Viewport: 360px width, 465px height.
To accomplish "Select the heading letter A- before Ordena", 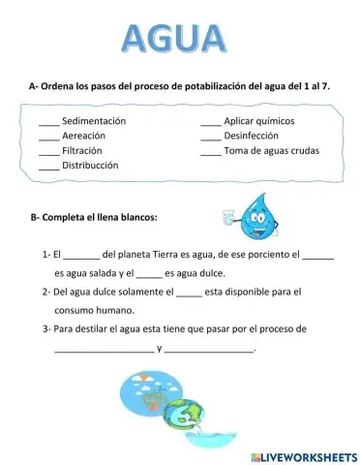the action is click(35, 86).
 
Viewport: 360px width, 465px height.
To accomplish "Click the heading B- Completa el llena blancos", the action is click(94, 216).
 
